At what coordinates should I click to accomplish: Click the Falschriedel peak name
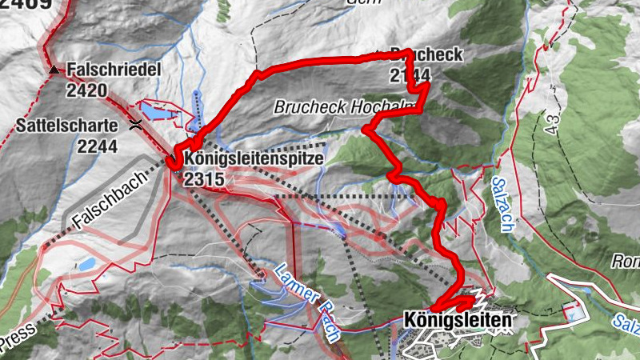click(114, 70)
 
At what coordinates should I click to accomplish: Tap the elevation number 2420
click(87, 90)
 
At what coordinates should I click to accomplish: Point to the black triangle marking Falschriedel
click(54, 71)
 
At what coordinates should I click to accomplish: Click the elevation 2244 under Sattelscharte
click(98, 146)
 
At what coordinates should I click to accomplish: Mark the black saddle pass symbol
click(135, 124)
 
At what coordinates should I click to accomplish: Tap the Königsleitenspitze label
click(254, 158)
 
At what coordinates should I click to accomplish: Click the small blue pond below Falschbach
click(86, 264)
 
